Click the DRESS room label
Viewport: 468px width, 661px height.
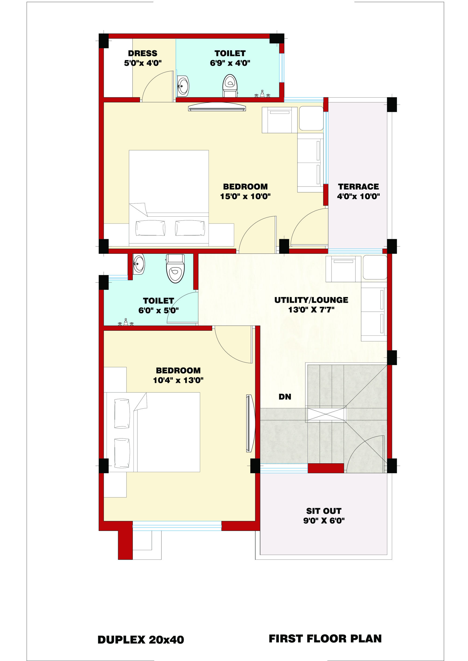[x=143, y=53]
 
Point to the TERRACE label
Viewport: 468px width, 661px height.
[x=358, y=187]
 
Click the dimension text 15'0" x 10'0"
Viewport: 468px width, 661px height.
[x=245, y=196]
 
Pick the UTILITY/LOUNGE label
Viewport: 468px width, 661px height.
[x=311, y=300]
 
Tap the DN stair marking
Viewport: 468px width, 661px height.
[x=285, y=397]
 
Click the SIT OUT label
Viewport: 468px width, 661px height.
[x=324, y=511]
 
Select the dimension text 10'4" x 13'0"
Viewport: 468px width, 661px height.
[x=178, y=380]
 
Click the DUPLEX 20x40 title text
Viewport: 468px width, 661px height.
[x=141, y=640]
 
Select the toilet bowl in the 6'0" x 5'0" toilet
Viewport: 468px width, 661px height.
[x=175, y=268]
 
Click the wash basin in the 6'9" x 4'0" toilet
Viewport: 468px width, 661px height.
[x=183, y=86]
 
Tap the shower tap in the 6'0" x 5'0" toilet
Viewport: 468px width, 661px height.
[x=126, y=322]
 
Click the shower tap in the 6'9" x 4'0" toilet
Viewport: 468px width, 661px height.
[x=262, y=94]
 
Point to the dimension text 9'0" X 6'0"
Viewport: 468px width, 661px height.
[x=324, y=520]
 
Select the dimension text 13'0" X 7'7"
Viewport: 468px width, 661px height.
[x=311, y=310]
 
